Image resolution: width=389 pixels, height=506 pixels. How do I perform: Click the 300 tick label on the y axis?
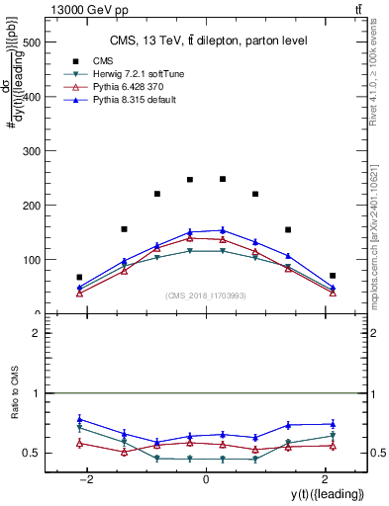[x=31, y=152]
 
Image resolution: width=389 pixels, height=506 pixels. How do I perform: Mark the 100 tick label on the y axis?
[x=31, y=260]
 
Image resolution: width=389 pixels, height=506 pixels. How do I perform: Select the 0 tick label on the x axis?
[x=205, y=479]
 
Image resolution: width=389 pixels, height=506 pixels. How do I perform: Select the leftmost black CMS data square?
[x=79, y=278]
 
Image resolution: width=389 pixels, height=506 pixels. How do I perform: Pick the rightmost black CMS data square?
[x=333, y=276]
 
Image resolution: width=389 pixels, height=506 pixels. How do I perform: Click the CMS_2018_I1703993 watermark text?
[x=205, y=295]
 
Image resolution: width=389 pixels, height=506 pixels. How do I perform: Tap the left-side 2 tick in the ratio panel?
[x=34, y=333]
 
